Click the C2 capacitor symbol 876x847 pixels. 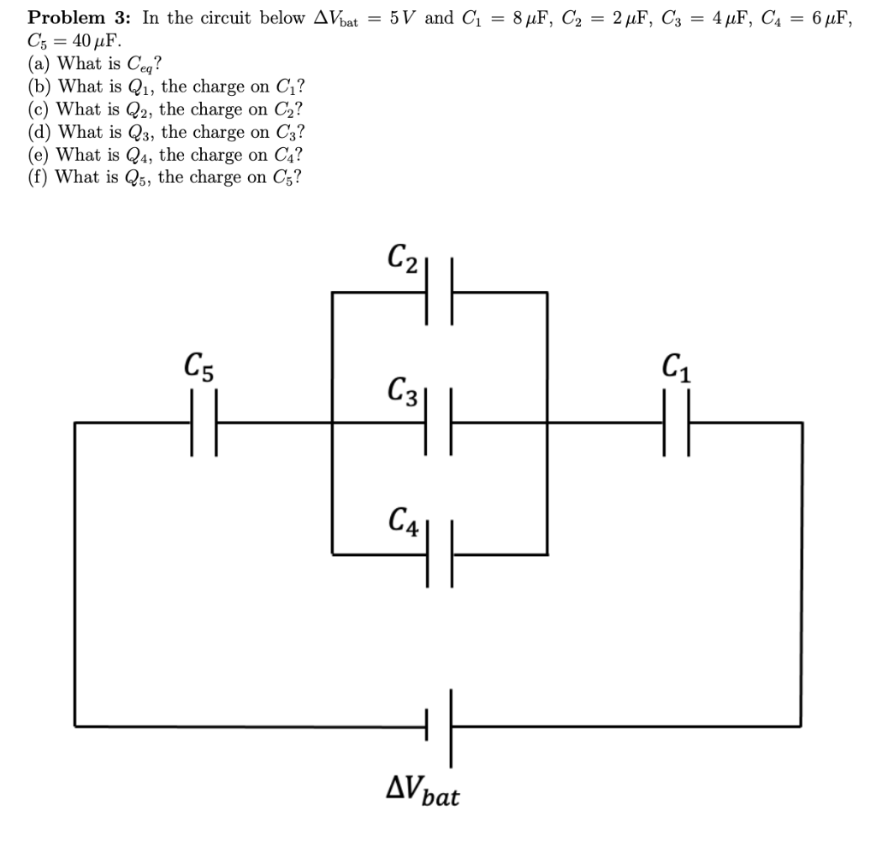click(439, 292)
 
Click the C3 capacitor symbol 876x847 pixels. click(439, 422)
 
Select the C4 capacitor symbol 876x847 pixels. click(439, 554)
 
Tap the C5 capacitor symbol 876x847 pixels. click(204, 422)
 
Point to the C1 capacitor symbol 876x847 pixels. click(674, 422)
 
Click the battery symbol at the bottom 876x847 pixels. click(439, 726)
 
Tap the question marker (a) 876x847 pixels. click(39, 64)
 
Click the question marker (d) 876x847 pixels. click(39, 133)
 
